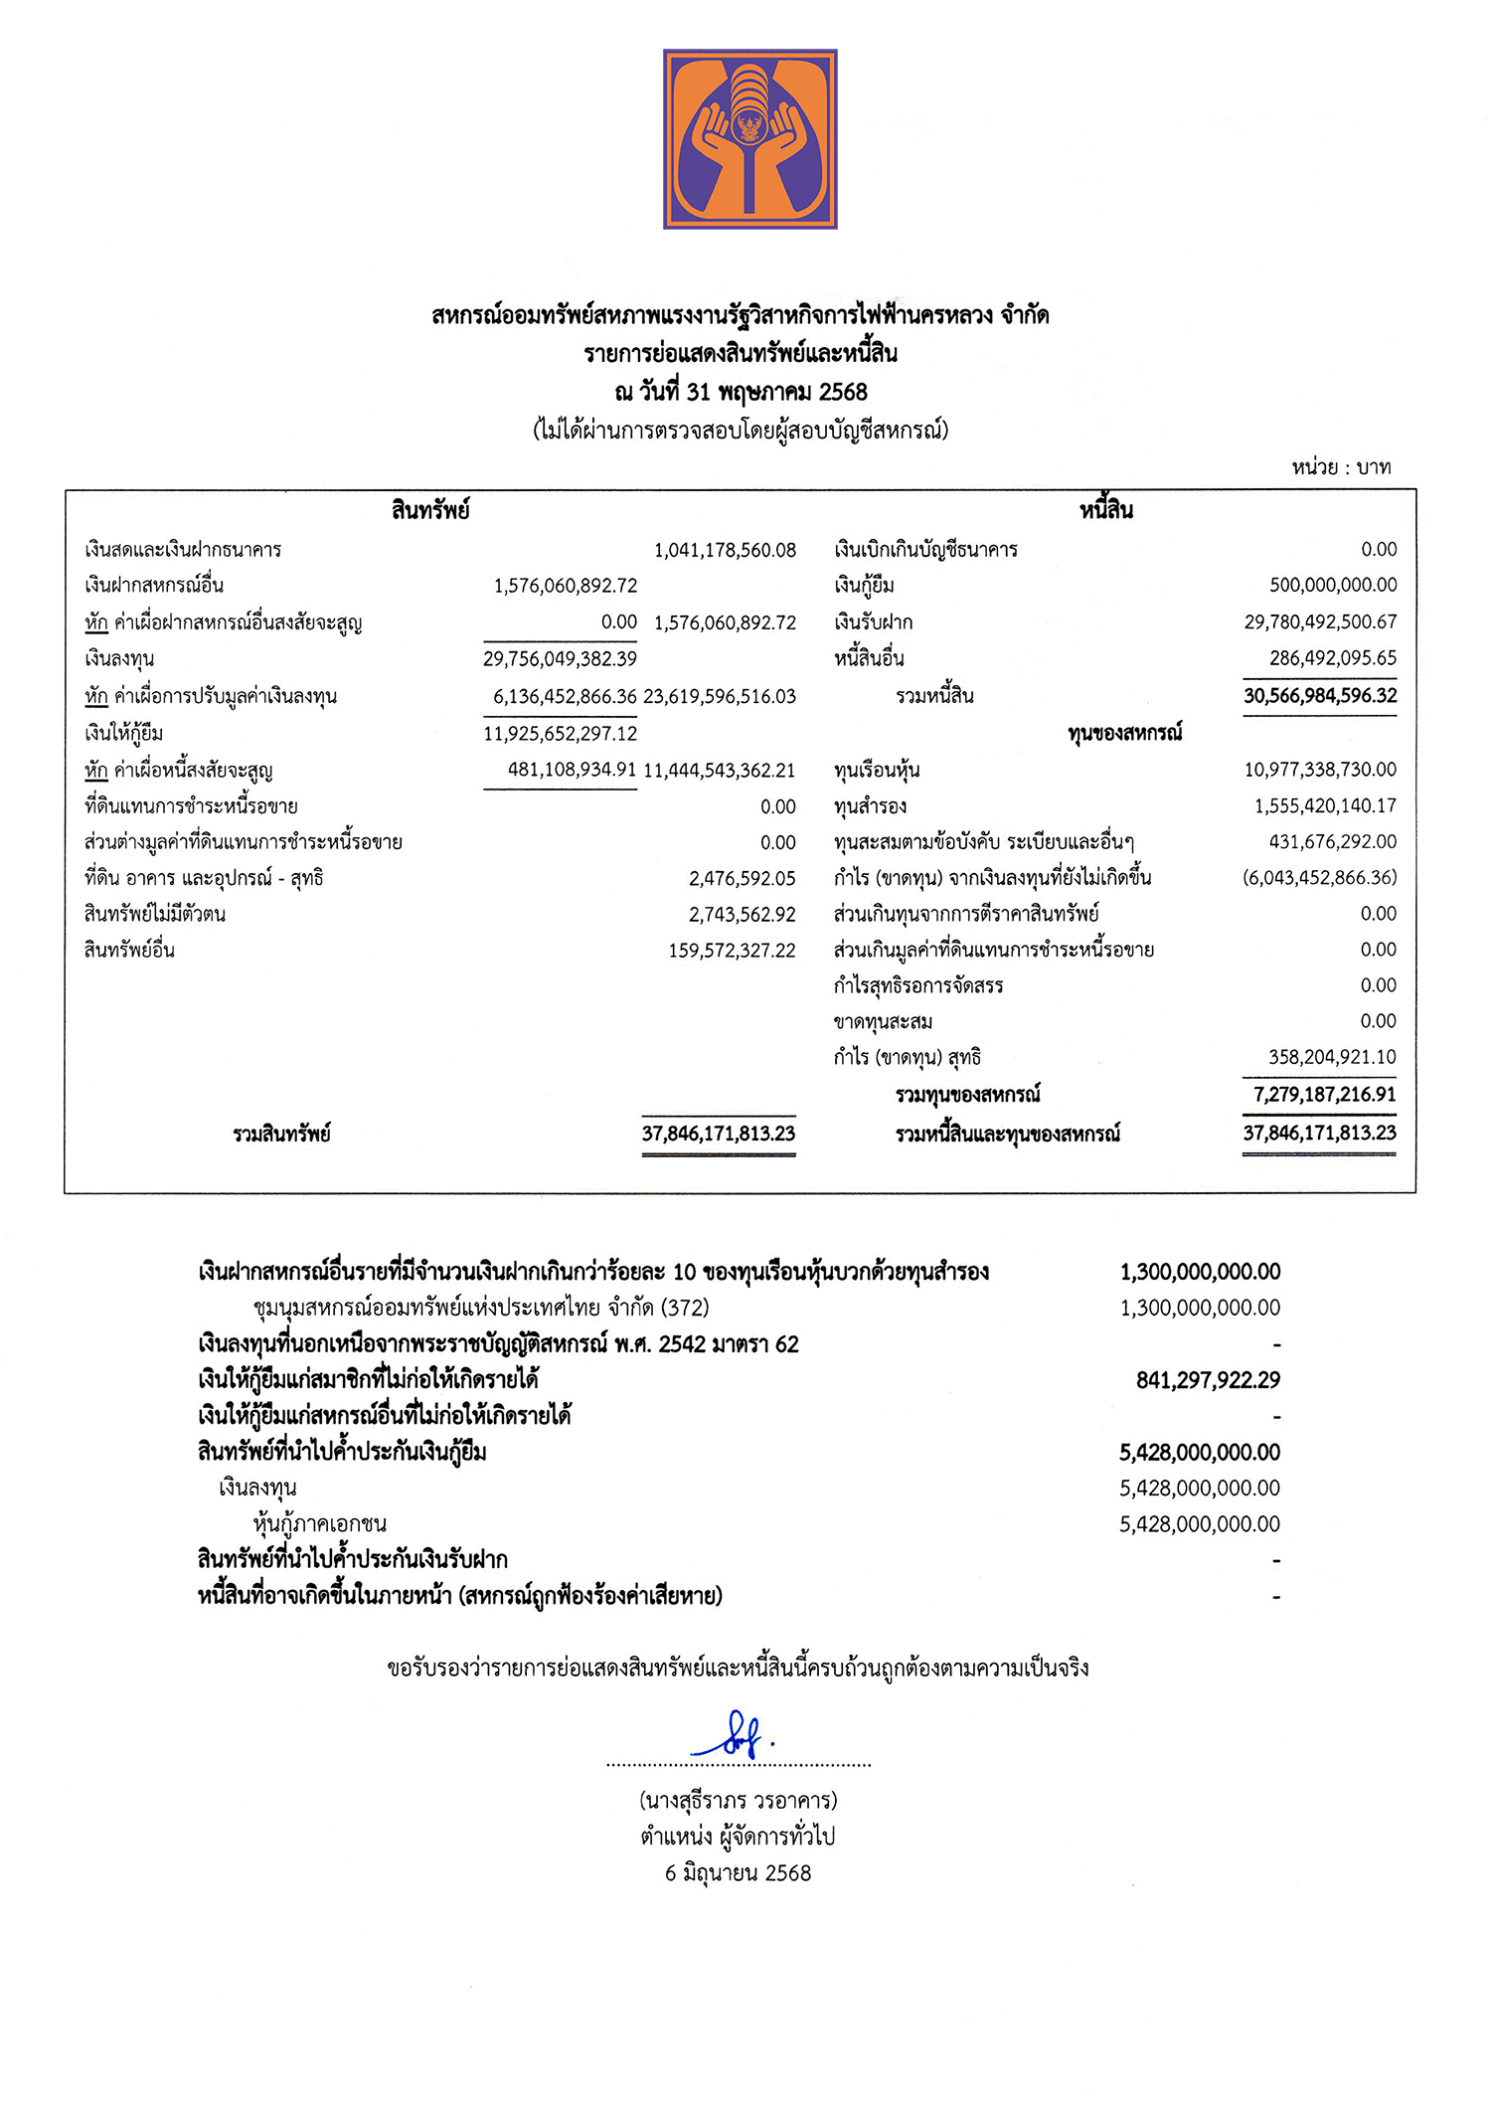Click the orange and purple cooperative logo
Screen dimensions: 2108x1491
coord(750,139)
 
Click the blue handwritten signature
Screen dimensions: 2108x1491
coord(734,1735)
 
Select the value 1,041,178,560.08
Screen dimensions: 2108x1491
coord(725,550)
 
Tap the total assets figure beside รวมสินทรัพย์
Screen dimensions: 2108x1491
coord(719,1134)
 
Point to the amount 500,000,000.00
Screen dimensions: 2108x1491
coord(1333,585)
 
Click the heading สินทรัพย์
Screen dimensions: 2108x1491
coord(429,511)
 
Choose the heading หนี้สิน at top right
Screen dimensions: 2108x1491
coord(1106,511)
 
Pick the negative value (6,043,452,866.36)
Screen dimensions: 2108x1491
coord(1319,878)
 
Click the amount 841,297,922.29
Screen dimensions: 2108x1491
coord(1208,1380)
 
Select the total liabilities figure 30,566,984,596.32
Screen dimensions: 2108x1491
coord(1320,696)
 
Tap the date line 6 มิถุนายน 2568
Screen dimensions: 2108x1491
coord(739,1873)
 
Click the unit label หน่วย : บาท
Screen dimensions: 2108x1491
coord(1341,467)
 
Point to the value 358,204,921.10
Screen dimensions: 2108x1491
coord(1332,1057)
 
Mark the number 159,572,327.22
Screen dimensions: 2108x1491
coord(732,951)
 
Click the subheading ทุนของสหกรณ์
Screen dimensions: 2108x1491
coord(1125,734)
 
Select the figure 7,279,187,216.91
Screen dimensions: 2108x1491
coord(1324,1095)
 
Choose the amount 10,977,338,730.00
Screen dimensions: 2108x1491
coord(1320,770)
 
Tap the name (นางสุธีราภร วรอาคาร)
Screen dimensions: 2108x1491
coord(739,1801)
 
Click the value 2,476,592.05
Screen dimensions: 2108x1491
coord(743,878)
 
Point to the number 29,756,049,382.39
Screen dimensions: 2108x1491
coord(560,658)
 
